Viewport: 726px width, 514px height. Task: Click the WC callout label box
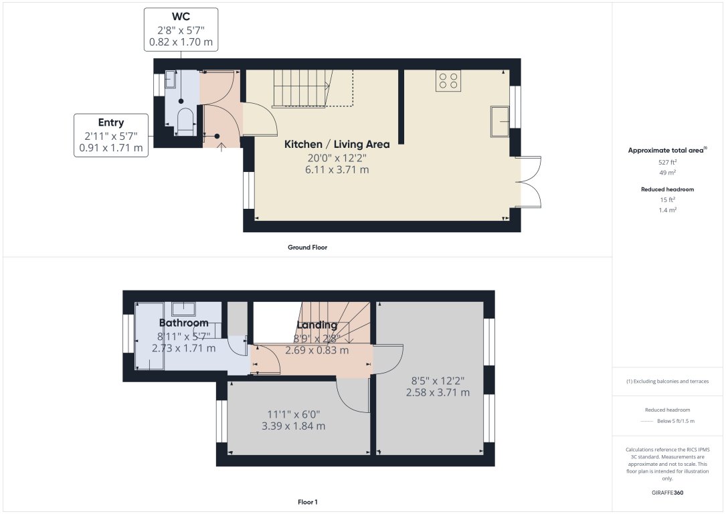coord(181,29)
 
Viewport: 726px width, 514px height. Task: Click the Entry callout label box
coord(111,135)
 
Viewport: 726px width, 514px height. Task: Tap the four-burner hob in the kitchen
coord(448,81)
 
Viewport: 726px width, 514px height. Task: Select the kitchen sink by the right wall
coord(499,117)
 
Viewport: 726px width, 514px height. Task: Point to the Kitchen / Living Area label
coord(337,144)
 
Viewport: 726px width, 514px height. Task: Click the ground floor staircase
coord(312,89)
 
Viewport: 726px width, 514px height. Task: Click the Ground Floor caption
coord(307,247)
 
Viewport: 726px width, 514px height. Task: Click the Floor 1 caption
coord(307,501)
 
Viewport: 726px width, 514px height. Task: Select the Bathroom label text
coord(183,323)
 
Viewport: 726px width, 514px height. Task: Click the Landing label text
coord(316,325)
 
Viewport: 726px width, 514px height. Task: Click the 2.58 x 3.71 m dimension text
coord(438,392)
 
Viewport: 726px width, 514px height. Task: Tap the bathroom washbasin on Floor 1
coord(183,309)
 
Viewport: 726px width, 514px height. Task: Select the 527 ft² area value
coord(667,163)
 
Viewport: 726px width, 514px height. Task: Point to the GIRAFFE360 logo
coord(667,493)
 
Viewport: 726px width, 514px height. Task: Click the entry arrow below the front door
coord(221,147)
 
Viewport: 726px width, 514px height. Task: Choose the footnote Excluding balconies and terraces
coord(667,381)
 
